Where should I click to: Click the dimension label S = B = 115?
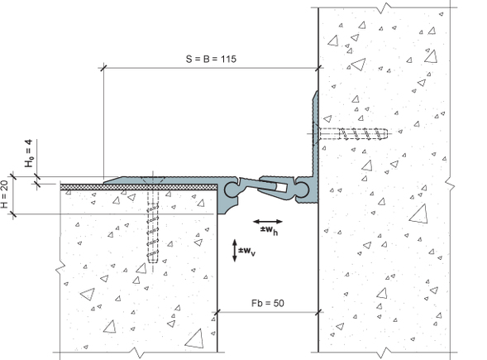211,59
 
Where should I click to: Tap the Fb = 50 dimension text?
267,303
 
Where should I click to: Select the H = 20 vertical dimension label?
5,195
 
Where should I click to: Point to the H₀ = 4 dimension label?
29,154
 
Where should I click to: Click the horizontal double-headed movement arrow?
268,222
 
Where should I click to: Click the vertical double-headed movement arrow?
235,250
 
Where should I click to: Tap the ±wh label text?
269,231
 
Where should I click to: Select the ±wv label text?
247,252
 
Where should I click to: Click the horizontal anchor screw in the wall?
352,134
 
